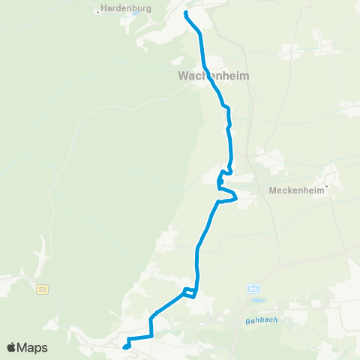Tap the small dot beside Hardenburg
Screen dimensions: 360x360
pos(98,11)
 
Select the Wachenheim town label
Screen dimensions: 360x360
pos(214,76)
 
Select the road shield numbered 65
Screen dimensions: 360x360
pos(253,287)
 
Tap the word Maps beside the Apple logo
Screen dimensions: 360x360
pos(33,348)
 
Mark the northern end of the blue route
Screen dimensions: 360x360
pos(185,13)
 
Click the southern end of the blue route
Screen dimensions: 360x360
pos(124,346)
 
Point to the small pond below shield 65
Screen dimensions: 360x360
pos(259,300)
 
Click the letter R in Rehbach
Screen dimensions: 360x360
pos(247,322)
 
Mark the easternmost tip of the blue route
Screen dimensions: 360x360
pos(237,197)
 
